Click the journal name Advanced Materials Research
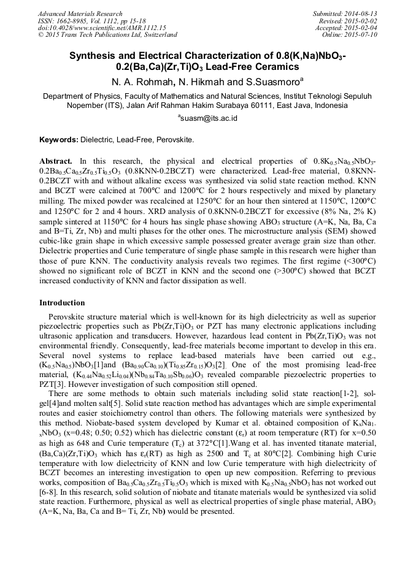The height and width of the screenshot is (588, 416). pos(80,13)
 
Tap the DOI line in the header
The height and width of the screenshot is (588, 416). pos(102,28)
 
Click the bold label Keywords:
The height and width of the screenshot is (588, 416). pos(60,140)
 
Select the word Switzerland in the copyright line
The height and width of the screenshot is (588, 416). pos(157,35)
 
